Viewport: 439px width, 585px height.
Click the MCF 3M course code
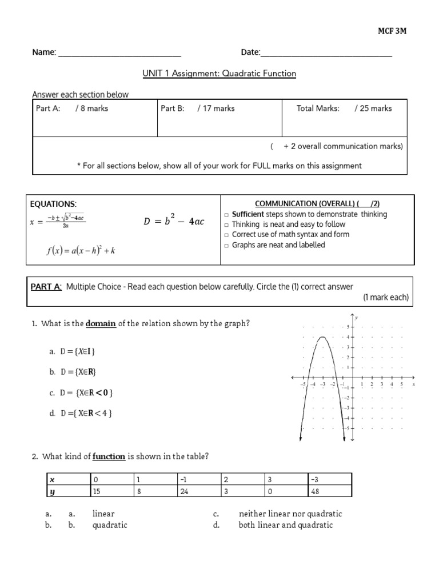coord(393,31)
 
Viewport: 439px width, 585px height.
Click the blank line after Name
coord(119,53)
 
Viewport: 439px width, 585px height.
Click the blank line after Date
coord(326,53)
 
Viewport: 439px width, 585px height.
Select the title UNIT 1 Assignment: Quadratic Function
coord(219,74)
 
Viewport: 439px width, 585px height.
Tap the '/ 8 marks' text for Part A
coord(91,109)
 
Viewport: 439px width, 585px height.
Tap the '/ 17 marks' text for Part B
coord(216,109)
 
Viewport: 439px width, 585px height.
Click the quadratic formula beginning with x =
coord(58,222)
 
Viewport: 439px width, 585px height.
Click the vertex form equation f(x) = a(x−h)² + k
coord(81,250)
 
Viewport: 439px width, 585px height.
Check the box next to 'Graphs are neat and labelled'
coord(226,246)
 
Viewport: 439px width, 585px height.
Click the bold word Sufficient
coord(248,214)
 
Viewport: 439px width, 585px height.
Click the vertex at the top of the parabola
coord(322,337)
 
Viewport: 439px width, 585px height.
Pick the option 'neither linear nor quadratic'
coord(290,514)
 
